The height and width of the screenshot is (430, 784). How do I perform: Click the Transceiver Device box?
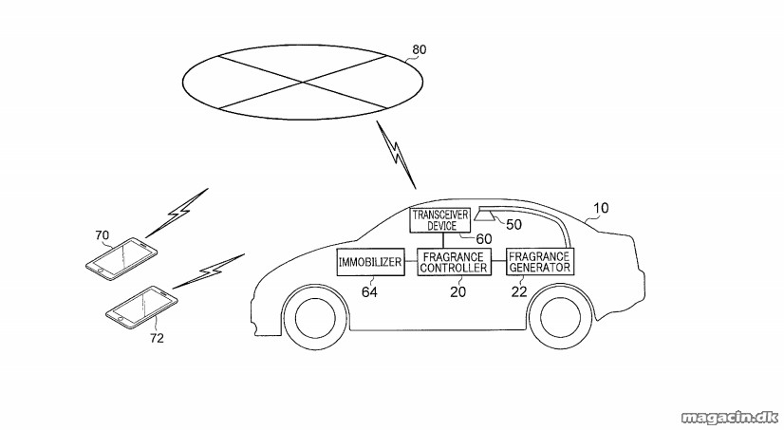440,220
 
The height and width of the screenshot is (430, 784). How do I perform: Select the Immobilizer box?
370,262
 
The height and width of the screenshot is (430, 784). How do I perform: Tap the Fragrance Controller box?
454,262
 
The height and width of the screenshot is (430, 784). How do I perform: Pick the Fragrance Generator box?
540,261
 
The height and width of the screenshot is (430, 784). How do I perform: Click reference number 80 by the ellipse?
419,49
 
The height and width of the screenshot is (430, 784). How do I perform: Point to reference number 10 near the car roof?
601,208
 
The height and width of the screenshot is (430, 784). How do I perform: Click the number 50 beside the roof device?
513,225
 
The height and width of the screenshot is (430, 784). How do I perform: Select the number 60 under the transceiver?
483,239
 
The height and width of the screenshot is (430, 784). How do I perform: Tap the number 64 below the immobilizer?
369,292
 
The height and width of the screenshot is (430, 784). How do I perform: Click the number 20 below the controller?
458,292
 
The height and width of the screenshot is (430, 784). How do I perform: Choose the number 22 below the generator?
519,292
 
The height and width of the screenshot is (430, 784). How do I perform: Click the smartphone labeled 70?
121,258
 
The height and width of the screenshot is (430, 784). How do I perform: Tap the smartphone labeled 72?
142,307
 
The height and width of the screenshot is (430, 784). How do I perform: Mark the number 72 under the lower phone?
157,339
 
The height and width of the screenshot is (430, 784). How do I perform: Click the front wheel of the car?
315,317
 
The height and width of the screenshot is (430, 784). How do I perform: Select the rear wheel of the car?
561,317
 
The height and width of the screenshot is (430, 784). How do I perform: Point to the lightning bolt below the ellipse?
397,155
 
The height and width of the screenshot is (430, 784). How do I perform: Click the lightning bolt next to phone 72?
209,271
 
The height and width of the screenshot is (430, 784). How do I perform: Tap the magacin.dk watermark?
730,417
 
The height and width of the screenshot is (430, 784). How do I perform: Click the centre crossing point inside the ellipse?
303,82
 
